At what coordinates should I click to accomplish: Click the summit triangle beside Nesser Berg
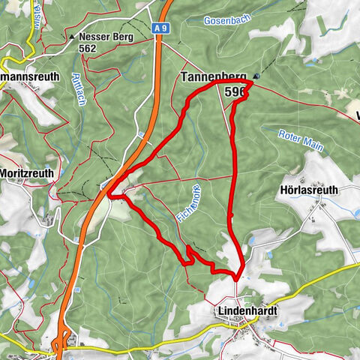pyautogui.click(x=71, y=36)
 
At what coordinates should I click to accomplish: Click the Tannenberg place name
pyautogui.click(x=214, y=77)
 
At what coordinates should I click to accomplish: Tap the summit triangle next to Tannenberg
pyautogui.click(x=256, y=76)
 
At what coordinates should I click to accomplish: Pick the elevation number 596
pyautogui.click(x=235, y=91)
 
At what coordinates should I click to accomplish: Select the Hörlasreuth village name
pyautogui.click(x=318, y=190)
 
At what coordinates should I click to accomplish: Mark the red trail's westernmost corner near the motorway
pyautogui.click(x=109, y=196)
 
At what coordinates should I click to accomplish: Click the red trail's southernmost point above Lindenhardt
pyautogui.click(x=237, y=280)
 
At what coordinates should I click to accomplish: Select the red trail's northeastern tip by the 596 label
pyautogui.click(x=251, y=82)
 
